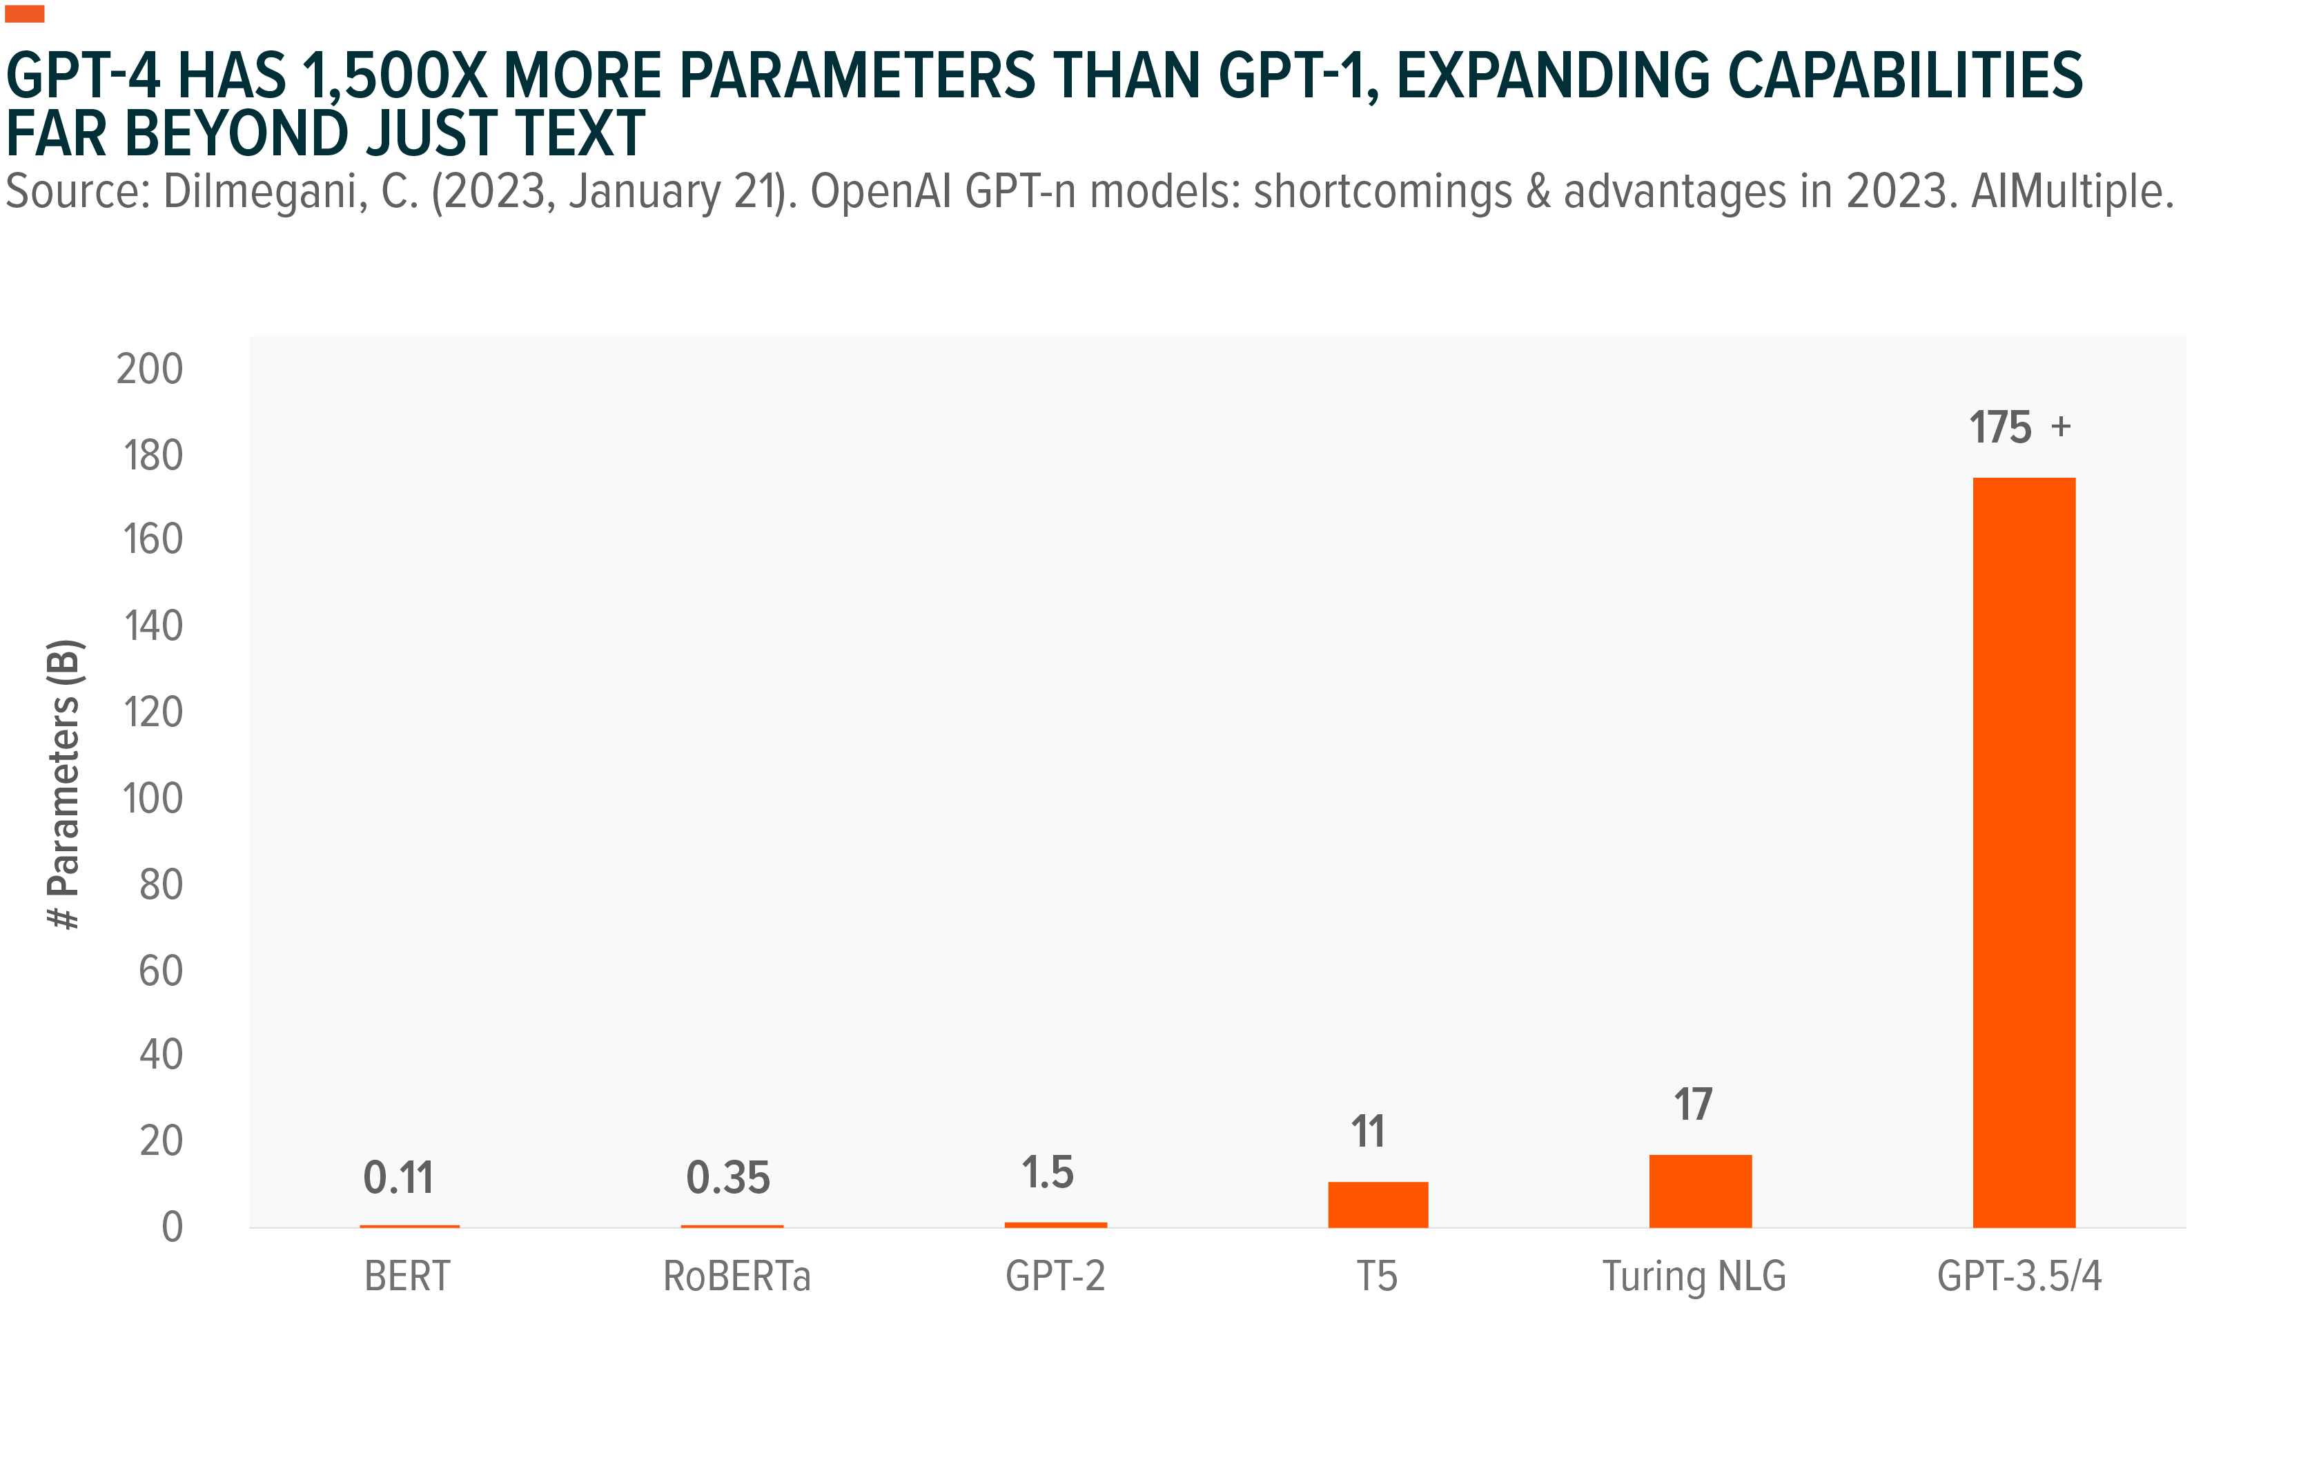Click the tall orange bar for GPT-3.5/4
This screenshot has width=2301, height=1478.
point(2023,853)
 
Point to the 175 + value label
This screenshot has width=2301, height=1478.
point(2019,427)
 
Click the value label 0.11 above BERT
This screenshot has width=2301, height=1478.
point(398,1178)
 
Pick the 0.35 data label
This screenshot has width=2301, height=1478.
point(727,1178)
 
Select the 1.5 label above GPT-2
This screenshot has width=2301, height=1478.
point(1047,1173)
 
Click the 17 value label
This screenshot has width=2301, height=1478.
point(1693,1105)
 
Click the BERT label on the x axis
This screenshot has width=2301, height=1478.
point(407,1276)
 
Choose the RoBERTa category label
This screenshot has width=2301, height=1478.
point(736,1276)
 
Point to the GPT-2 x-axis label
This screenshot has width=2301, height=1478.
point(1055,1276)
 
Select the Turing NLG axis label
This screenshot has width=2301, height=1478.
point(1694,1276)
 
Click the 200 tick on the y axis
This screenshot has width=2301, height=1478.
point(150,369)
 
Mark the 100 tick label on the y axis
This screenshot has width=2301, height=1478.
point(153,799)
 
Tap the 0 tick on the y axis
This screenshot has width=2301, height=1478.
point(172,1227)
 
